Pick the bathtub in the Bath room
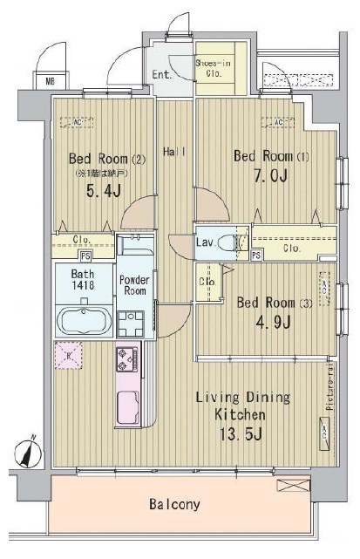point(83,320)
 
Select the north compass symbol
point(31,452)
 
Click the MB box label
point(41,83)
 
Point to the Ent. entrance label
point(162,75)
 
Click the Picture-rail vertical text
point(330,387)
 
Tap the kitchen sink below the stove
point(128,406)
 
